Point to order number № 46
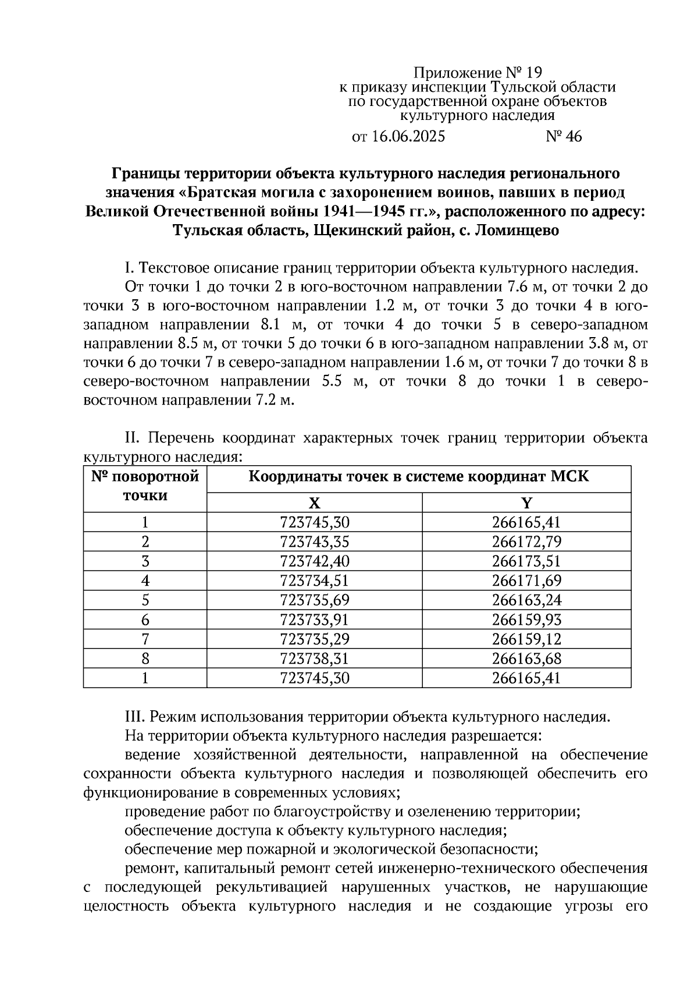[564, 137]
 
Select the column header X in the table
[314, 503]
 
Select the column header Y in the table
[526, 503]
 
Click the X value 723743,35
[314, 542]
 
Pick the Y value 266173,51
[526, 561]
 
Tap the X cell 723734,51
[314, 581]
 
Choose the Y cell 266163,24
[526, 600]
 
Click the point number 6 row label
[145, 620]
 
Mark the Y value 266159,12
[526, 639]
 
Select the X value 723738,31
[314, 658]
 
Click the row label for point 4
[145, 581]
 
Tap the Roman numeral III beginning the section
[135, 717]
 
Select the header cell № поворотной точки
[145, 486]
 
